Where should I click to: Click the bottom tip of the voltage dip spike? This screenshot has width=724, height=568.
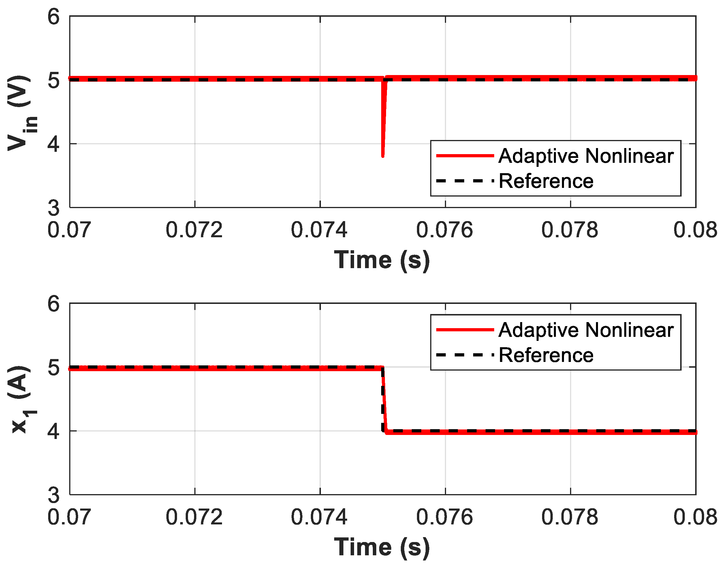click(383, 155)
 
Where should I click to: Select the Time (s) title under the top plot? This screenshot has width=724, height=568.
click(382, 260)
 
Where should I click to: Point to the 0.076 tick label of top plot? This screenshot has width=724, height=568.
click(445, 230)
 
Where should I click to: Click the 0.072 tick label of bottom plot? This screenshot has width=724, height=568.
click(194, 517)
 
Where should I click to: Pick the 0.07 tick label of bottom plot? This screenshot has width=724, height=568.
click(69, 517)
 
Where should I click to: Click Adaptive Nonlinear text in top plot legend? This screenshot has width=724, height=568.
click(586, 156)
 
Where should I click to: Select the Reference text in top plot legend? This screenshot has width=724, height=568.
click(546, 182)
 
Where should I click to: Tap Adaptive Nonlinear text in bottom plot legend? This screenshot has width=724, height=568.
click(586, 330)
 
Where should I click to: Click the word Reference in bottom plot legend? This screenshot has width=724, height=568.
click(546, 356)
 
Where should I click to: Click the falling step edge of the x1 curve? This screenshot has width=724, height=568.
click(384, 399)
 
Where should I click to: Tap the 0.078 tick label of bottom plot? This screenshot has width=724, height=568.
click(569, 517)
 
